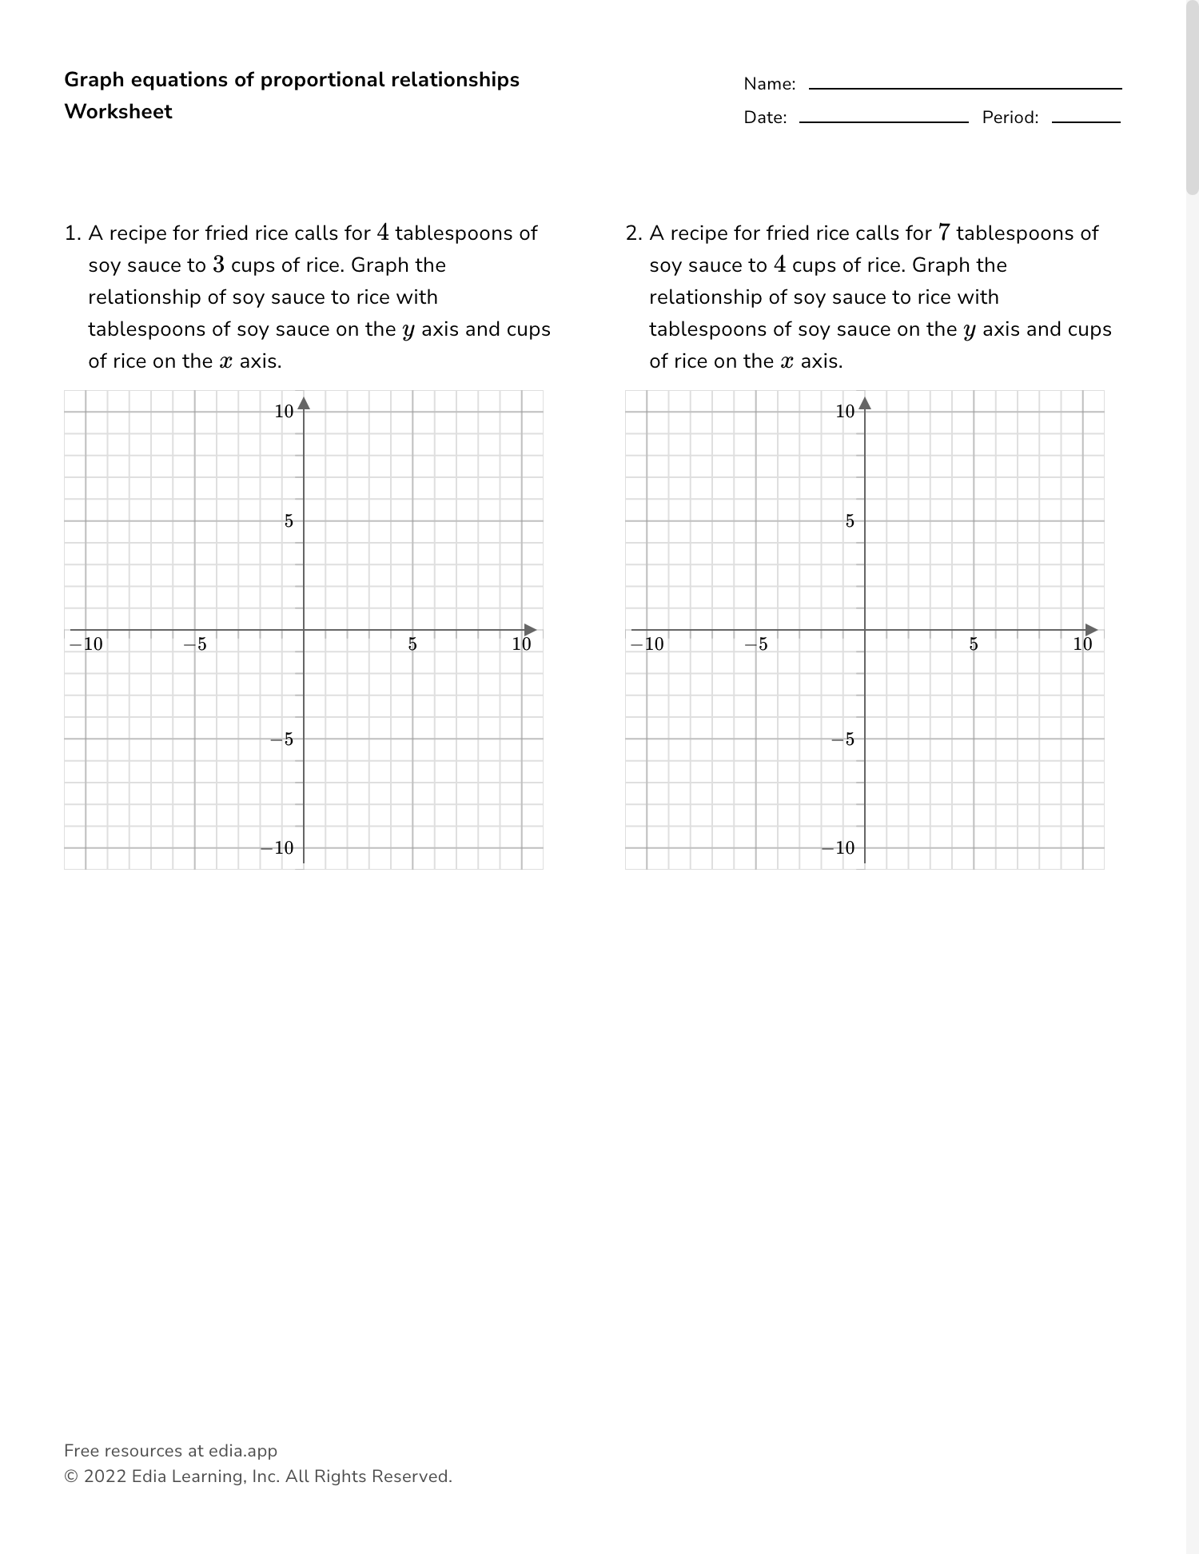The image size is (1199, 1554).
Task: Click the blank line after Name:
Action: click(965, 87)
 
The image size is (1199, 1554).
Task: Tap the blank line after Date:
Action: click(883, 121)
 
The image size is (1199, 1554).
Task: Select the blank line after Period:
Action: click(1085, 121)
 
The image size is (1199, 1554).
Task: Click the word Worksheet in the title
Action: click(118, 112)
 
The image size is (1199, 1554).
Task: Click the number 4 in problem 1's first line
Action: click(383, 233)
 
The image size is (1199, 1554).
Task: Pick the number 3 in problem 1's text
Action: click(218, 265)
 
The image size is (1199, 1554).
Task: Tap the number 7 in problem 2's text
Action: click(944, 233)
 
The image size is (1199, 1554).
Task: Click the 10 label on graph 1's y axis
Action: click(284, 412)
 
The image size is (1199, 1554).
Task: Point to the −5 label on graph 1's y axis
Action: click(282, 739)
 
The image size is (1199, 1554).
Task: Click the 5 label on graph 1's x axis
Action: click(412, 644)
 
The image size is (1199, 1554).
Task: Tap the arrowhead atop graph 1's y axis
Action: click(304, 403)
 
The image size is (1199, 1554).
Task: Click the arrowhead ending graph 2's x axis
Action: click(1091, 630)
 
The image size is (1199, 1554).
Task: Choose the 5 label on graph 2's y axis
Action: click(850, 521)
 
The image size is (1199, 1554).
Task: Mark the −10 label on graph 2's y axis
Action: click(839, 848)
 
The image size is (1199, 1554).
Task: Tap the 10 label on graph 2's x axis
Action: click(1082, 644)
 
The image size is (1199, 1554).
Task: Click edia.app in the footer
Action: click(243, 1451)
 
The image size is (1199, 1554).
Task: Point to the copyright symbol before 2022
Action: click(70, 1476)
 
